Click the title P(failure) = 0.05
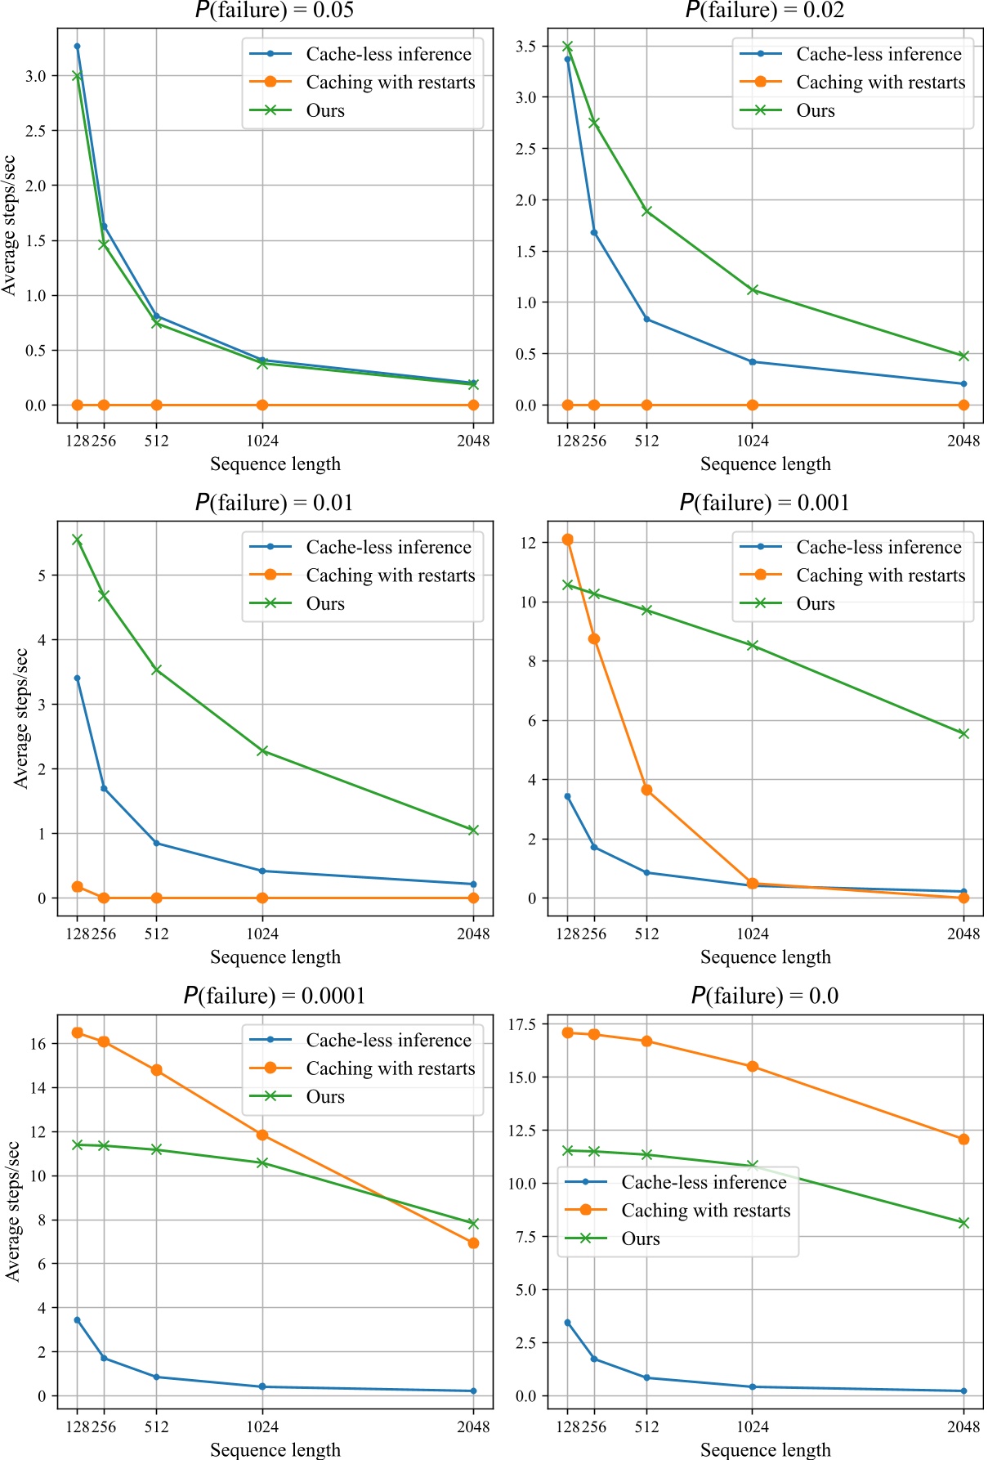pyautogui.click(x=275, y=10)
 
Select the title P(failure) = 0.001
pyautogui.click(x=765, y=502)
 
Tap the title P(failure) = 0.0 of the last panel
pyautogui.click(x=765, y=995)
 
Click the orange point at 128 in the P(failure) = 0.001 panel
pyautogui.click(x=568, y=540)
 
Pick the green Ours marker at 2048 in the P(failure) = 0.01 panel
pyautogui.click(x=473, y=830)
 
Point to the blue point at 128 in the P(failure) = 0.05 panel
pyautogui.click(x=78, y=47)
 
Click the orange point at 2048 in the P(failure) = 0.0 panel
pyautogui.click(x=963, y=1139)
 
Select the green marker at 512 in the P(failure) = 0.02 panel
pyautogui.click(x=646, y=211)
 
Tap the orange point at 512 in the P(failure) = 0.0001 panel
pyautogui.click(x=156, y=1070)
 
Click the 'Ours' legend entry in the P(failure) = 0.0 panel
pyautogui.click(x=641, y=1238)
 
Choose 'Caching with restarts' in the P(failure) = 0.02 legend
pyautogui.click(x=881, y=83)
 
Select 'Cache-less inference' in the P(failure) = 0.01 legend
pyautogui.click(x=389, y=547)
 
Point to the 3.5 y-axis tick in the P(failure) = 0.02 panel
pyautogui.click(x=526, y=47)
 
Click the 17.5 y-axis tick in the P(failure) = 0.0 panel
pyautogui.click(x=522, y=1024)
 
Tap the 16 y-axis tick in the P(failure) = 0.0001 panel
pyautogui.click(x=38, y=1044)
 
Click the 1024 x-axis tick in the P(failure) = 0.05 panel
pyautogui.click(x=262, y=441)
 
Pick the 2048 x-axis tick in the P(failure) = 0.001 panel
pyautogui.click(x=963, y=934)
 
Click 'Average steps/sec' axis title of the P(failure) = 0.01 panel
pyautogui.click(x=20, y=718)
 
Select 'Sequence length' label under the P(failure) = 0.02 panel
pyautogui.click(x=766, y=464)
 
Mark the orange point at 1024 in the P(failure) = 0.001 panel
pyautogui.click(x=753, y=884)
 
